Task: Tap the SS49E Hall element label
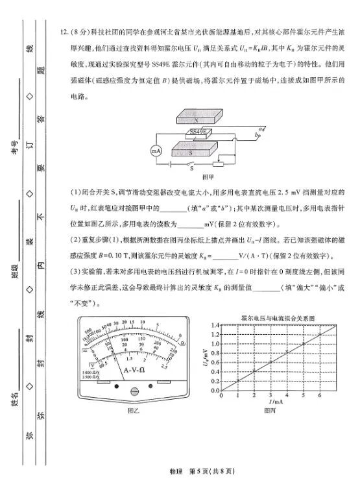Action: point(197,132)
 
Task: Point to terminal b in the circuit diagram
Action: point(259,137)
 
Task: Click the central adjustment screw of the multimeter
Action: point(135,391)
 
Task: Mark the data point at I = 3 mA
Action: point(271,362)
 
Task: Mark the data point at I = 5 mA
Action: point(303,344)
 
